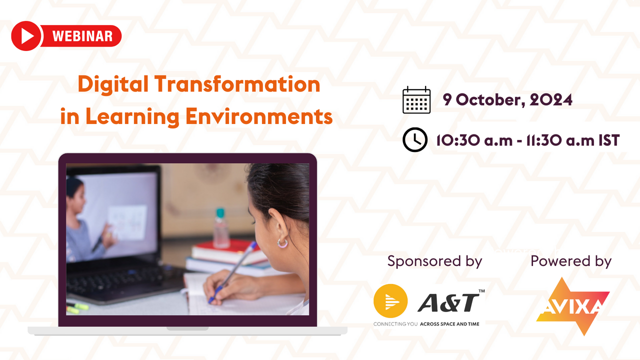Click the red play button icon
click(x=25, y=36)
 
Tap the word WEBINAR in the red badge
click(x=82, y=36)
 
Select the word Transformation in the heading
click(x=236, y=84)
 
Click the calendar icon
click(x=416, y=100)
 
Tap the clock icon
click(x=415, y=139)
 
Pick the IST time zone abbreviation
click(x=609, y=140)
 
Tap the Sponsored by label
click(x=434, y=261)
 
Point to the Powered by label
click(x=571, y=261)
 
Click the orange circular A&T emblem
click(x=390, y=301)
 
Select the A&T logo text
click(x=448, y=301)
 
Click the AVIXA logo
click(x=573, y=305)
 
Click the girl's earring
click(x=282, y=243)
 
